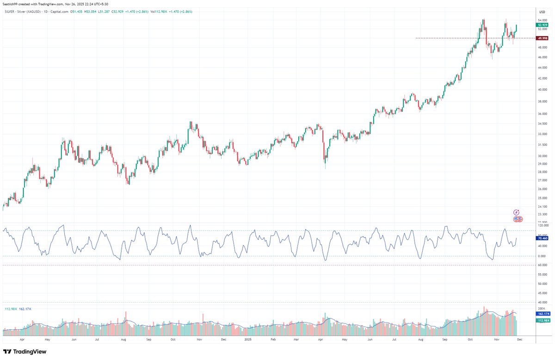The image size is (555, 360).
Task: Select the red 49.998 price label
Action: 542,38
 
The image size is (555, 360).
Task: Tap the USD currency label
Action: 542,11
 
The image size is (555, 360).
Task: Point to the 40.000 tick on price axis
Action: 542,90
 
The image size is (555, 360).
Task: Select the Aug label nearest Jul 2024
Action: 123,339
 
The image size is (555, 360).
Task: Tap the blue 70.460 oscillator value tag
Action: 542,236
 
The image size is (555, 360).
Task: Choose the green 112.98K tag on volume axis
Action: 542,320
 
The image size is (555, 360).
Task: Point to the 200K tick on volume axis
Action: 541,307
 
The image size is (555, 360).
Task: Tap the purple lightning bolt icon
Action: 518,212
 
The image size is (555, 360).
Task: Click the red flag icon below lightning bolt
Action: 518,219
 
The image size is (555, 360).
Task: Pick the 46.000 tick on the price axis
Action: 542,57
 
